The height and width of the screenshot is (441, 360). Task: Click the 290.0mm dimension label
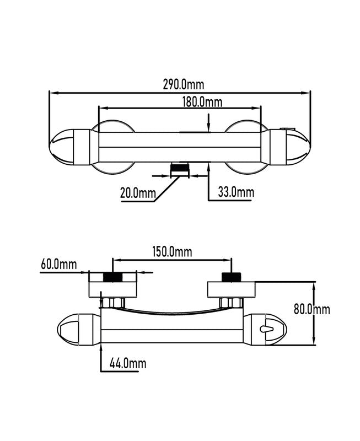[x=184, y=84]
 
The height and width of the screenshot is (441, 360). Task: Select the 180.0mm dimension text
[x=202, y=102]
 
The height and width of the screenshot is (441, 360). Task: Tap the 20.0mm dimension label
[x=138, y=193]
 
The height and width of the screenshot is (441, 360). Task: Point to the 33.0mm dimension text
[x=236, y=192]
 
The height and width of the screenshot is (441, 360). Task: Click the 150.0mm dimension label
[x=172, y=252]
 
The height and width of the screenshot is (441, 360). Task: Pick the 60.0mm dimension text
[x=59, y=265]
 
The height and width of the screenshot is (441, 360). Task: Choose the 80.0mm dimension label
[x=312, y=309]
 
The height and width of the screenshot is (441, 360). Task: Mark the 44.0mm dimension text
[x=128, y=363]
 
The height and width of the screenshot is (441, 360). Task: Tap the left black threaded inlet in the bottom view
[x=113, y=277]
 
